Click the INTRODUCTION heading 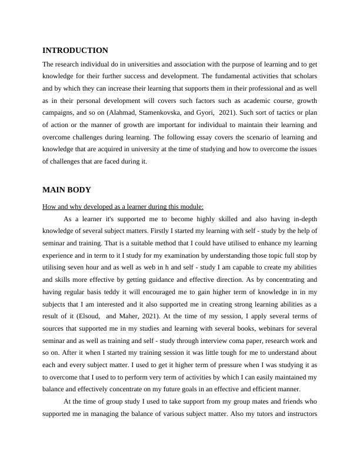click(75, 51)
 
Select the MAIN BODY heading click(66, 189)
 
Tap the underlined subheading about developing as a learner click(123, 207)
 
